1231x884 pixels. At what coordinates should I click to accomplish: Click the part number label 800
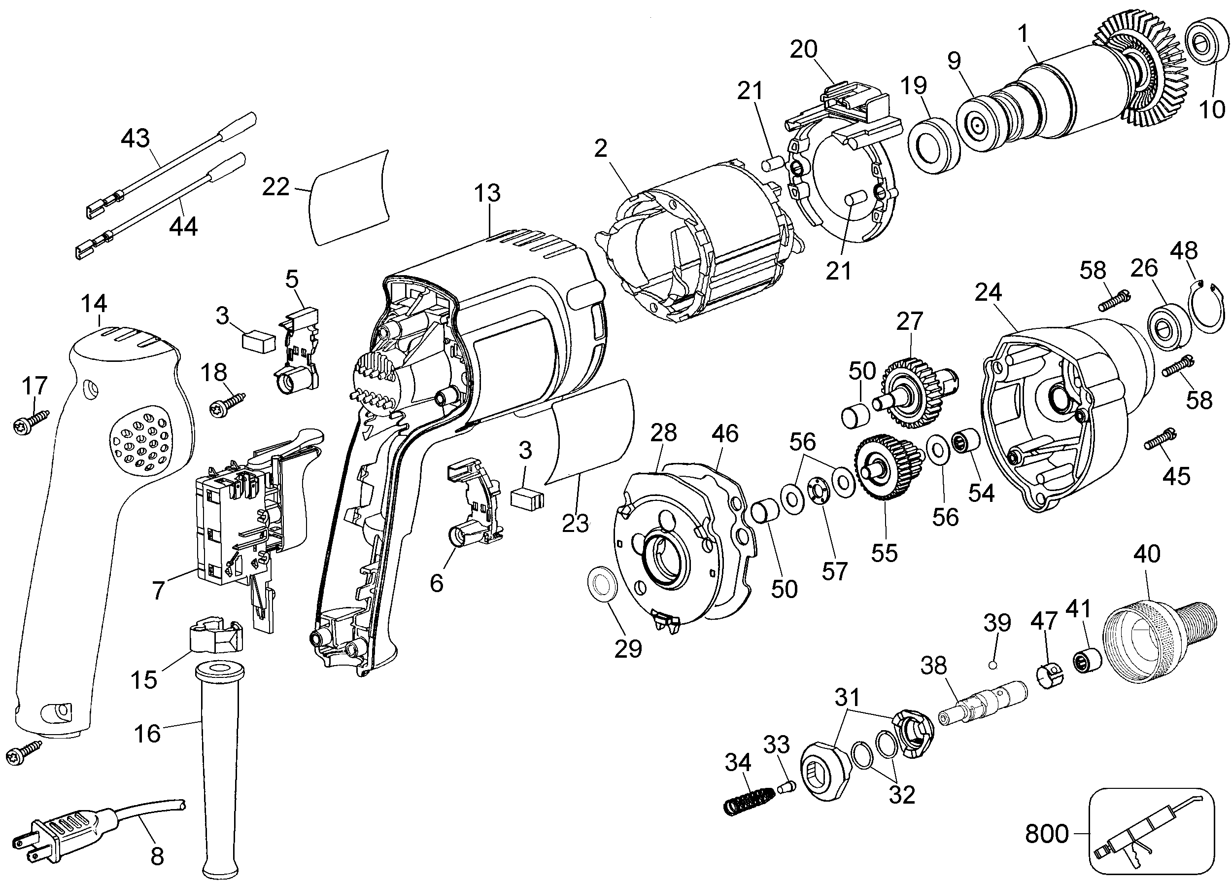(1047, 834)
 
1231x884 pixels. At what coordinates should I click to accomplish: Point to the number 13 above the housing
(486, 193)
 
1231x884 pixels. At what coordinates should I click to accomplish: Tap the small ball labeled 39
(992, 665)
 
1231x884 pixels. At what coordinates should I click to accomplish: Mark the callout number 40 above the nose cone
(1147, 554)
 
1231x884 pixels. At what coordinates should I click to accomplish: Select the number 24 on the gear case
(988, 293)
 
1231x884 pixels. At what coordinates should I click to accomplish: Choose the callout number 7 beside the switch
(158, 590)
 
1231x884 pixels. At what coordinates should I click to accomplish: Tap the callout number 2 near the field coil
(600, 149)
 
